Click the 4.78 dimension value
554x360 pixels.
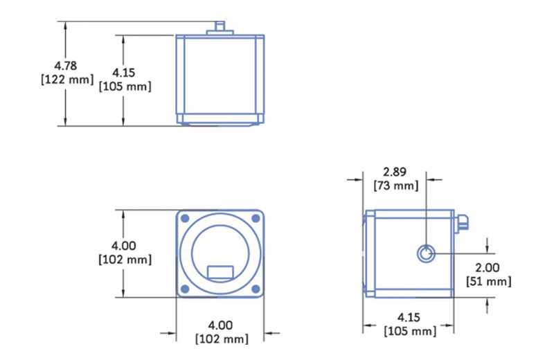65,66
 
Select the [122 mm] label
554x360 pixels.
67,80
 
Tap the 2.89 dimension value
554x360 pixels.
395,172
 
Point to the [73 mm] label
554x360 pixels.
395,186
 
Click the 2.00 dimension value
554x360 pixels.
488,267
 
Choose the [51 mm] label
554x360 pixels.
489,282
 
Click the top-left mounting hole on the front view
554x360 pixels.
185,218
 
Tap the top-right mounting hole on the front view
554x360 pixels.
256,218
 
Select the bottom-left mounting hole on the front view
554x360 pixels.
185,289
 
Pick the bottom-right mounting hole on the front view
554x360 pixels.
256,289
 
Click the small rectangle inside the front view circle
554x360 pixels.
220,272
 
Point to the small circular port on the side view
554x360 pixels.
426,253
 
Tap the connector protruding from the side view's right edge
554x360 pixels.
462,224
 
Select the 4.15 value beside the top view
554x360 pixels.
124,73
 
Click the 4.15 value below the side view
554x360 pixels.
409,317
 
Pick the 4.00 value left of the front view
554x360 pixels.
124,246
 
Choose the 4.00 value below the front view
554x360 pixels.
220,325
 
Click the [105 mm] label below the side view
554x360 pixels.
410,332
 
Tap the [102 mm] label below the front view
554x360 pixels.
222,339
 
